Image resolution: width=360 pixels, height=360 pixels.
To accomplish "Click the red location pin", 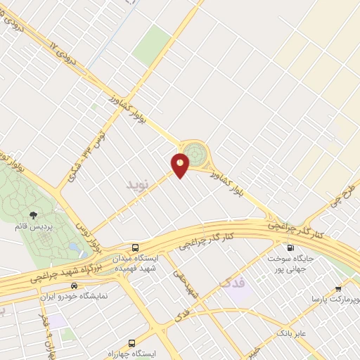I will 181,165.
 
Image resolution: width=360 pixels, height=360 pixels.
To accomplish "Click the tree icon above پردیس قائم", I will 32,214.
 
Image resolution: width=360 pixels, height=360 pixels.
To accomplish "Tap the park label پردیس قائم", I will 31,226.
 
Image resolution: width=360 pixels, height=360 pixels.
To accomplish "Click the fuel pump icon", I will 290,247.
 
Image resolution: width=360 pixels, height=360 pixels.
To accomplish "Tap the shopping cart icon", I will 338,288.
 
